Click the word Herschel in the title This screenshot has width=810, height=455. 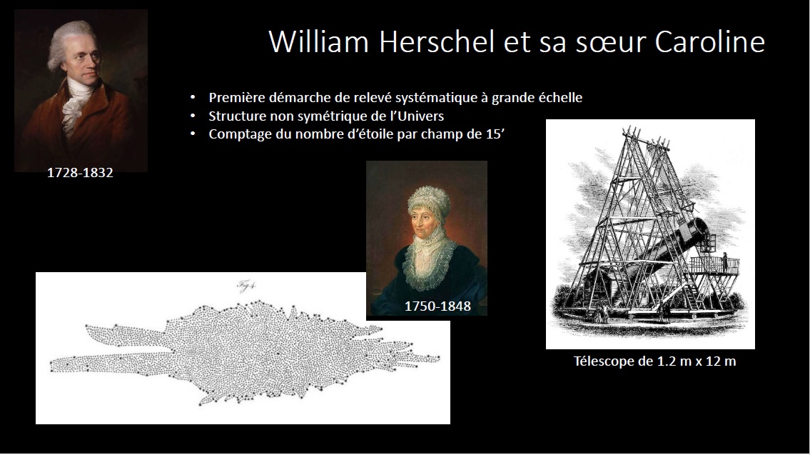[437, 41]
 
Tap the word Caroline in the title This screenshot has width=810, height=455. [710, 41]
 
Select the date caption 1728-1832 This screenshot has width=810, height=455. [80, 173]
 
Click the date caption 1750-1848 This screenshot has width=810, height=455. [437, 306]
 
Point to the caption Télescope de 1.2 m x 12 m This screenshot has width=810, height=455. [654, 361]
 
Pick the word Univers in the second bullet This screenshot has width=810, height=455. [422, 116]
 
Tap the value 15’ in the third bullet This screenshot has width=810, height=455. [495, 134]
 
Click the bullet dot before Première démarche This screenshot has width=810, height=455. [193, 98]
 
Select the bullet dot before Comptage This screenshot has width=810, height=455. [193, 134]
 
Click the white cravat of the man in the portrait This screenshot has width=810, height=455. [76, 104]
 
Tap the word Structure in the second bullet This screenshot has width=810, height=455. [237, 116]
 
